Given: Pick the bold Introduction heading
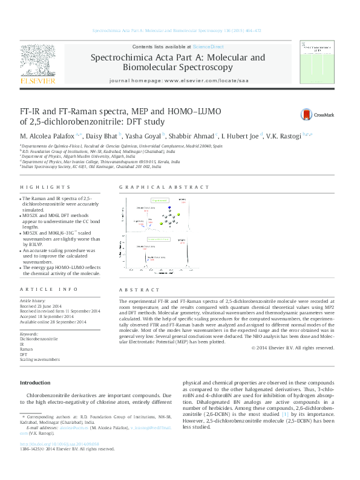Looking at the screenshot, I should point(36,383).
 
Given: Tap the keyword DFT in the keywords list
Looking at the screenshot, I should point(24,354).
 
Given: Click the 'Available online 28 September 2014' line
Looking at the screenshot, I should point(53,322).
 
